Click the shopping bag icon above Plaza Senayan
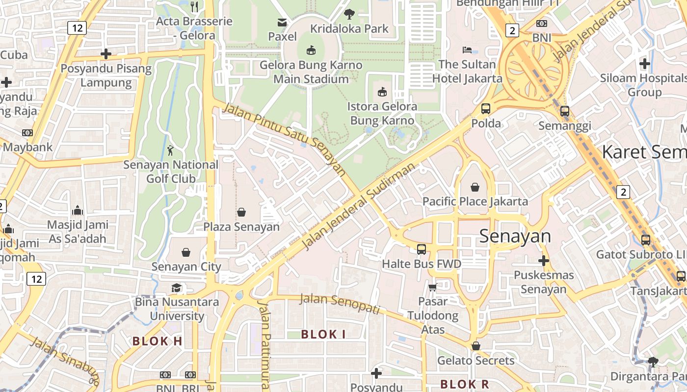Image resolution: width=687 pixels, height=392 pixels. point(241,212)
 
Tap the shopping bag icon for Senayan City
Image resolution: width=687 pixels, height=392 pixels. point(186,252)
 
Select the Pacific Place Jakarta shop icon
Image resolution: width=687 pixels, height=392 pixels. point(475,187)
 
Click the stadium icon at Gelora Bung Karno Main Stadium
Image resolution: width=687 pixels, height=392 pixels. point(311,50)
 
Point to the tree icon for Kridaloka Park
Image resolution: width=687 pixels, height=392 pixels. point(349,14)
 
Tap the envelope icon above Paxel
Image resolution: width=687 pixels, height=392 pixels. point(282,22)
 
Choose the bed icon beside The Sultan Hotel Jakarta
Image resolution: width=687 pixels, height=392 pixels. point(467,50)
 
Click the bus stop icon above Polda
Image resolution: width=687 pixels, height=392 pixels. point(486,109)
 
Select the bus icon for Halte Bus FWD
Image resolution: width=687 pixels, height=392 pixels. point(422,249)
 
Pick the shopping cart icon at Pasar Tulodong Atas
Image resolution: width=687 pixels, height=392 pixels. point(432,287)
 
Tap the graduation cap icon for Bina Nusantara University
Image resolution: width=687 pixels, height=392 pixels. point(177,288)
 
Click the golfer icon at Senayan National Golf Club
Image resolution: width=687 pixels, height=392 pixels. point(170,150)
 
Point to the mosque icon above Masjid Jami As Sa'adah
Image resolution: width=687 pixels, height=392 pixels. point(77,211)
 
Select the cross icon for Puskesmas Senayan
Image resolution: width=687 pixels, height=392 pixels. point(543,261)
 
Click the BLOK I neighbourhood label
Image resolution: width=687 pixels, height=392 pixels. point(323,335)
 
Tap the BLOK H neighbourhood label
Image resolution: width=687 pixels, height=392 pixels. point(158,342)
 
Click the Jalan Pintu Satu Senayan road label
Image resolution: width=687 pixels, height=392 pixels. point(284,139)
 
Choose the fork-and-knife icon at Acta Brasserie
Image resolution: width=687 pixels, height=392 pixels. point(195,7)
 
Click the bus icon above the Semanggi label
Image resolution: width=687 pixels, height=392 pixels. point(565,111)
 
